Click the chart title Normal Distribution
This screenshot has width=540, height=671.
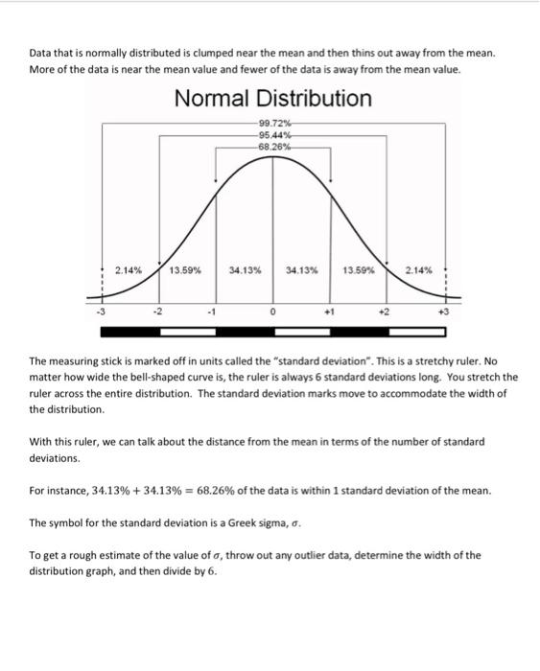272,98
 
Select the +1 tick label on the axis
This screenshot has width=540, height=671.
331,311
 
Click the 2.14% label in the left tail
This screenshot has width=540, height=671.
129,270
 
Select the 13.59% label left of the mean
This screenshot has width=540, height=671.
185,271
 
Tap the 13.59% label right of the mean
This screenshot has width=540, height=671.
359,271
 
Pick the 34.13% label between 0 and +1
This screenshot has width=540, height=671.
302,271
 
